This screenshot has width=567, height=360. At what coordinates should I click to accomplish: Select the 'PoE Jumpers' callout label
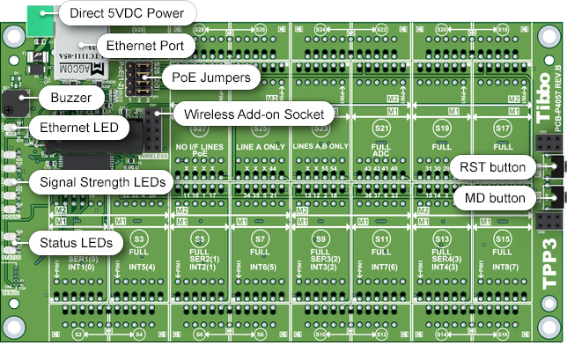(210, 77)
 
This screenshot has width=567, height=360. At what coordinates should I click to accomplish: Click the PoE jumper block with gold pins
(140, 79)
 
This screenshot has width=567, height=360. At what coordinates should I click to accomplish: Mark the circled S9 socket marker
(320, 239)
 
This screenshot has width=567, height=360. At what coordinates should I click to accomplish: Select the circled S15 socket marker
(503, 239)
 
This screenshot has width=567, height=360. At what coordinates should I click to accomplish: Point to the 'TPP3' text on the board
(547, 263)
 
